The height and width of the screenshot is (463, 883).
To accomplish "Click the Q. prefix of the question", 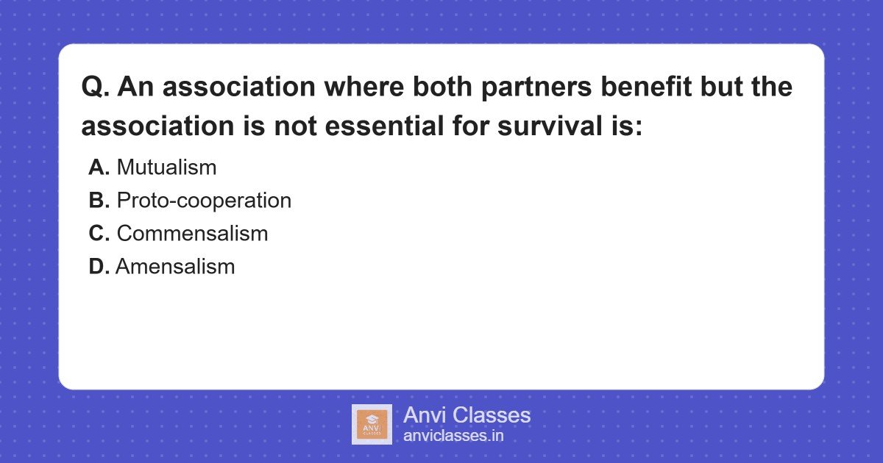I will pos(96,88).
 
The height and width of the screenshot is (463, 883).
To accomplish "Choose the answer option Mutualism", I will pos(166,168).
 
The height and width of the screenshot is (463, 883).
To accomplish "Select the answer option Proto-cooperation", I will pos(204,201).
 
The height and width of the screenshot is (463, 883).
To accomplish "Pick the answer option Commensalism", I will pos(192,234).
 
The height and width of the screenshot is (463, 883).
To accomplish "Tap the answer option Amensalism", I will pos(175,267).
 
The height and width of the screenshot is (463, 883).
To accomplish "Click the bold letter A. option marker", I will pos(99,168).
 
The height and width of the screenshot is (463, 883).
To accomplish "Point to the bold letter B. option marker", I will pos(99,201).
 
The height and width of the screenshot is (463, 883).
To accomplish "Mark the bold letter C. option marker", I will pos(99,234).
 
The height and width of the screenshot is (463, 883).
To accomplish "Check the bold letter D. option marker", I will pos(99,267).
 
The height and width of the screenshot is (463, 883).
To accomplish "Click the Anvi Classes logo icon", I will pos(372,424).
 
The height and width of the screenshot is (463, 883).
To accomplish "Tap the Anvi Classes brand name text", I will pos(467,415).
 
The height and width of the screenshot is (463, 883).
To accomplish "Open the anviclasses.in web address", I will pos(453,436).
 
